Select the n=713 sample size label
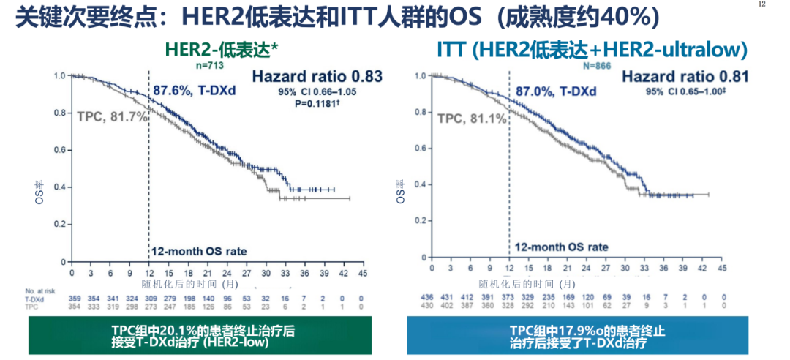tap(210, 65)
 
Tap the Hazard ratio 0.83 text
tap(317, 76)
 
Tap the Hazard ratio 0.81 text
tap(685, 76)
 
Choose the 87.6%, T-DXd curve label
tap(192, 91)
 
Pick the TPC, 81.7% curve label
tap(112, 115)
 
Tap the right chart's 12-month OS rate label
tap(561, 247)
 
